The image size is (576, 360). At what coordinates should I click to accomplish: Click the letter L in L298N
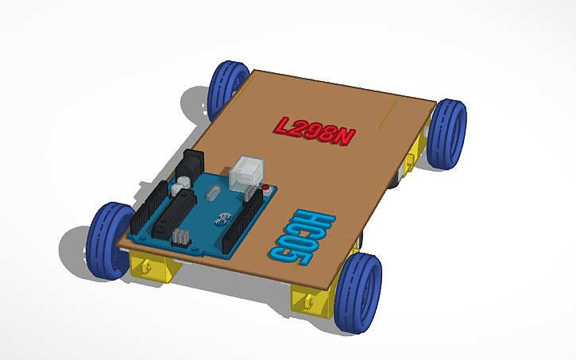point(283,125)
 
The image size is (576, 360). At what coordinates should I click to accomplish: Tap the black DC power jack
point(191,168)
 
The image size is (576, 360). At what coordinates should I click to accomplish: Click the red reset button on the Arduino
point(265,190)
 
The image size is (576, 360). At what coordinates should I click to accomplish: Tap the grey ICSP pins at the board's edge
point(180,237)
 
